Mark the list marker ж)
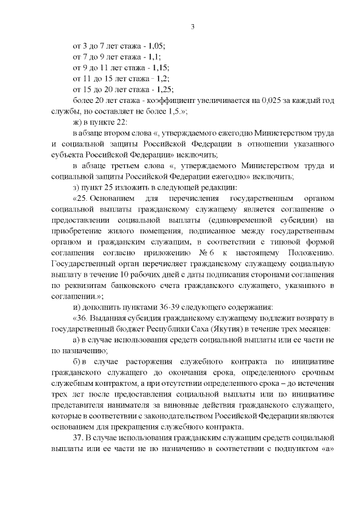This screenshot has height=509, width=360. pyautogui.click(x=79, y=122)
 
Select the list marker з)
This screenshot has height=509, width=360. pyautogui.click(x=78, y=187)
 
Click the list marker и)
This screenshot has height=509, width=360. pyautogui.click(x=79, y=307)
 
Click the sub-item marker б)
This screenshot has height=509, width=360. pyautogui.click(x=79, y=361)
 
